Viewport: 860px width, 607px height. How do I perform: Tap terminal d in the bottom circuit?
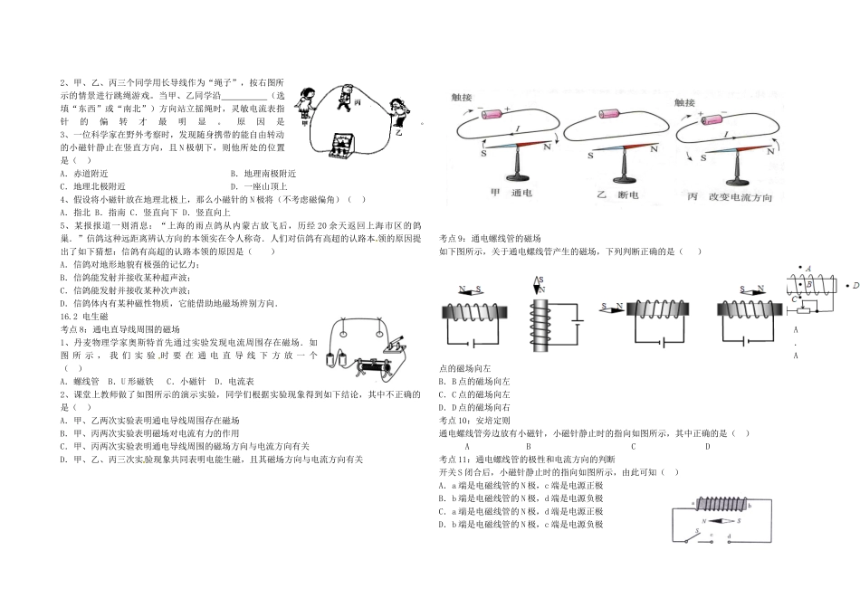[x=727, y=544]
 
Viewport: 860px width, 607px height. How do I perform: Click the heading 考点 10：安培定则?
[x=473, y=420]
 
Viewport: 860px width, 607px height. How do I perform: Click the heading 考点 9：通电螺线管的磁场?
[x=489, y=236]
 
